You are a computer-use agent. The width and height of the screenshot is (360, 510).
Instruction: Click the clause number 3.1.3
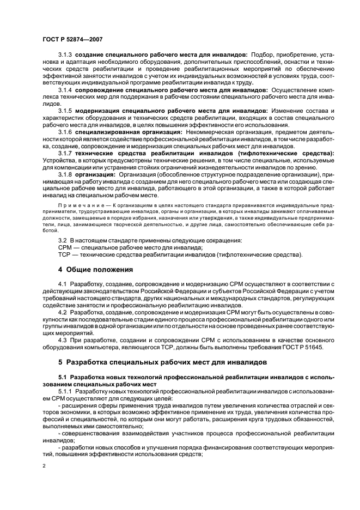pos(65,55)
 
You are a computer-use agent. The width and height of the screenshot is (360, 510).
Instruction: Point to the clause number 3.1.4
pos(65,89)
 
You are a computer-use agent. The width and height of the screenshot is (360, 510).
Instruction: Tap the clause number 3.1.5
pos(65,111)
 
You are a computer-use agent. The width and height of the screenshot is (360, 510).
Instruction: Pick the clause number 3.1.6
pos(65,132)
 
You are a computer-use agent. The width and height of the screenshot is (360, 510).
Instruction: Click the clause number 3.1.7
pos(65,154)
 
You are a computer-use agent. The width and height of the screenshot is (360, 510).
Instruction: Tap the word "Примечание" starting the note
pos(77,204)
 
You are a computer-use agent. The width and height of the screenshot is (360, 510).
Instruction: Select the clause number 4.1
pos(62,283)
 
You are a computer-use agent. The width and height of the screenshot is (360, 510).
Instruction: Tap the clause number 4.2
pos(62,312)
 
